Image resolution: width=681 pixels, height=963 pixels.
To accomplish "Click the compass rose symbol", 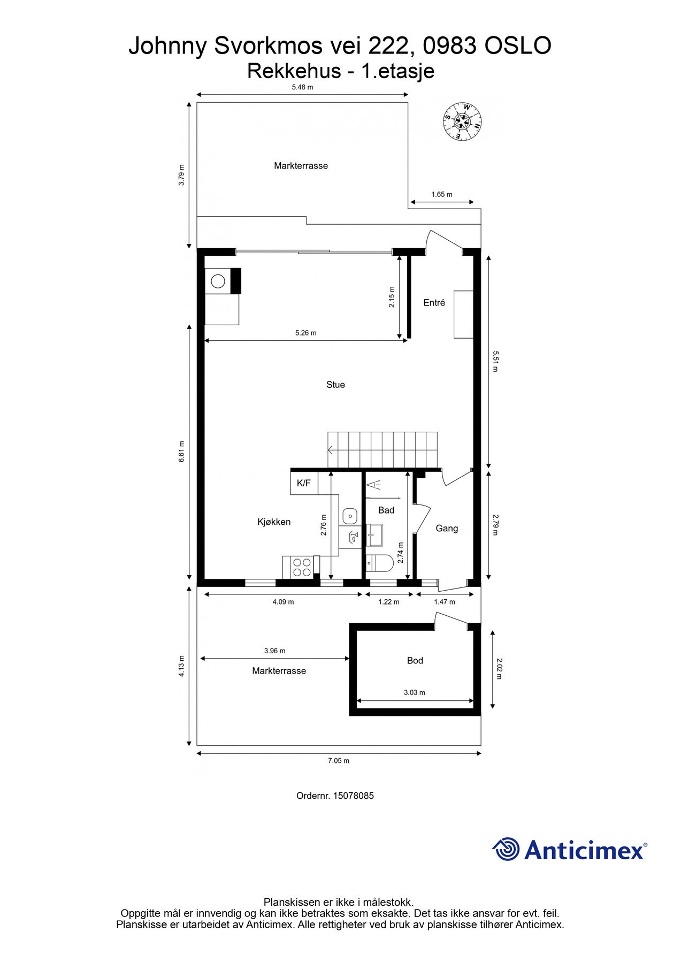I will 462,121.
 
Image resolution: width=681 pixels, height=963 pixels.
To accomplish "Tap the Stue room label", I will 335,385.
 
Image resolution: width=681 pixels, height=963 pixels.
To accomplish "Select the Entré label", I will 434,303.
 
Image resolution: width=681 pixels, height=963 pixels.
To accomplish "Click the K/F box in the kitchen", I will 304,483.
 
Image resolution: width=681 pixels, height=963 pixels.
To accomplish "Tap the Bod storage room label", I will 415,661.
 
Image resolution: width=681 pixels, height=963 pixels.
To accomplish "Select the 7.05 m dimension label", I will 339,761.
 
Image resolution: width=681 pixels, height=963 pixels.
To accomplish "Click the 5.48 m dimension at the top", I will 302,87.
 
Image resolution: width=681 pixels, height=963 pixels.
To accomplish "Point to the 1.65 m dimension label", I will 442,194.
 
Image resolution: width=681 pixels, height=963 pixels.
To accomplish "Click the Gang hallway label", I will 447,529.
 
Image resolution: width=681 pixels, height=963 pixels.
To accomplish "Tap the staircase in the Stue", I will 382,449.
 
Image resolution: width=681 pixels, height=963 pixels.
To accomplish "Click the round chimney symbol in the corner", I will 218,281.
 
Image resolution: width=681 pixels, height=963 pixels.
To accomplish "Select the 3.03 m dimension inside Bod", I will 414,692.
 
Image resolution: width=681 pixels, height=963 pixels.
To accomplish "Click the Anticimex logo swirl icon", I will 506,849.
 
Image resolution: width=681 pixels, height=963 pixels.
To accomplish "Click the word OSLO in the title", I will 518,47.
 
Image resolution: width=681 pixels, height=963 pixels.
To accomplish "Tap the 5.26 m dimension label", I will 305,333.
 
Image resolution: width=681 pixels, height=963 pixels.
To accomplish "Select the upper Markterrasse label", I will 301,166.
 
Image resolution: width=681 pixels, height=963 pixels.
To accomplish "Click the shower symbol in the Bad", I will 373,485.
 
